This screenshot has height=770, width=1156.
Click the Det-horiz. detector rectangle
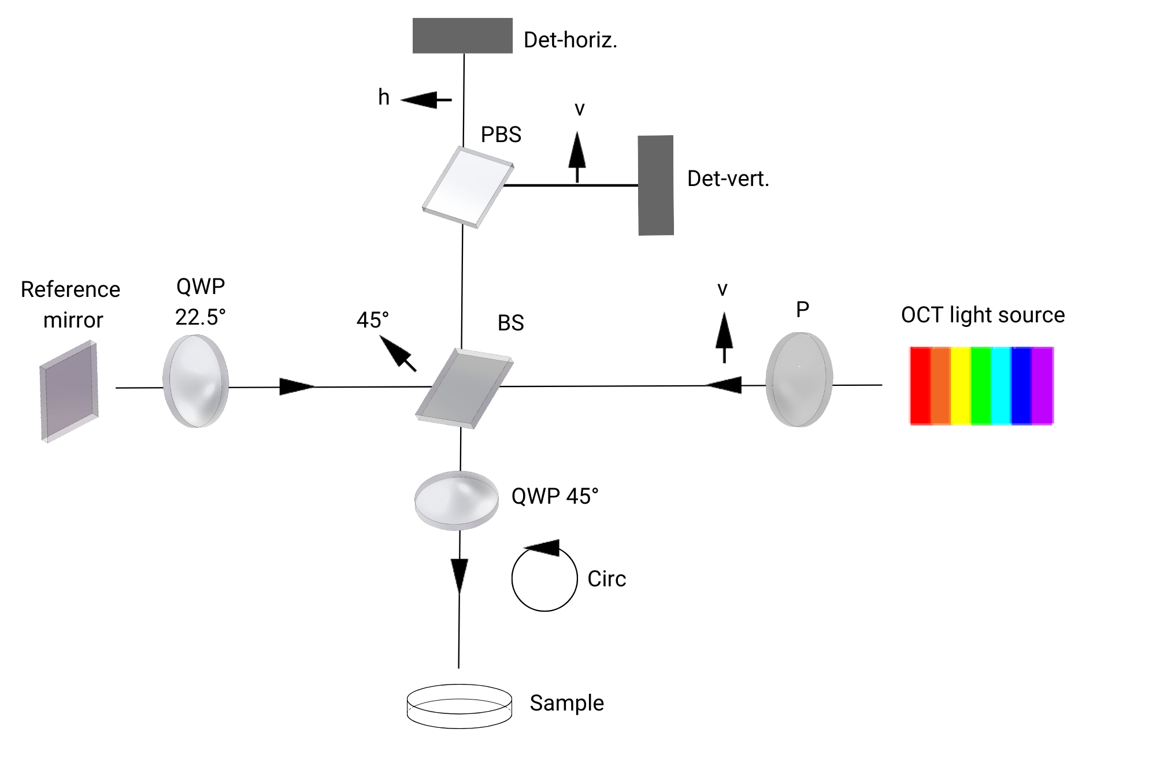point(462,36)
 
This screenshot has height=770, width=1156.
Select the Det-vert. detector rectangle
point(656,185)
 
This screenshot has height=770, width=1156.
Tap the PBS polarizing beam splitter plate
point(468,187)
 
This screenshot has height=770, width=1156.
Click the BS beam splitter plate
point(464,388)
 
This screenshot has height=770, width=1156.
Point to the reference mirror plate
point(69,392)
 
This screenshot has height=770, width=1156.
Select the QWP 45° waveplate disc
point(457,500)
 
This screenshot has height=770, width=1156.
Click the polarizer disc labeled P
point(799,380)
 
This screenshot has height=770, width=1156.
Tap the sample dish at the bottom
point(460,706)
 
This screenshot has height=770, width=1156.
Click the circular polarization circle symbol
point(544,578)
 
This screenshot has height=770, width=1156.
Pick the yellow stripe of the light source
point(961,385)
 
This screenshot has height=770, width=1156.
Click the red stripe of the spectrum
point(920,385)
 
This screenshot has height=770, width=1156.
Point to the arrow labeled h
point(425,101)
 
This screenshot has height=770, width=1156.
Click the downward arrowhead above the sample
point(460,575)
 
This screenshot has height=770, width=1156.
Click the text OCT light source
point(983,315)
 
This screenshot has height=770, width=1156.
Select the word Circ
point(606,579)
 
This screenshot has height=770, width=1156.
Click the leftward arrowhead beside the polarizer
point(724,385)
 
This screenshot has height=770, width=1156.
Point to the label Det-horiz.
point(570,40)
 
